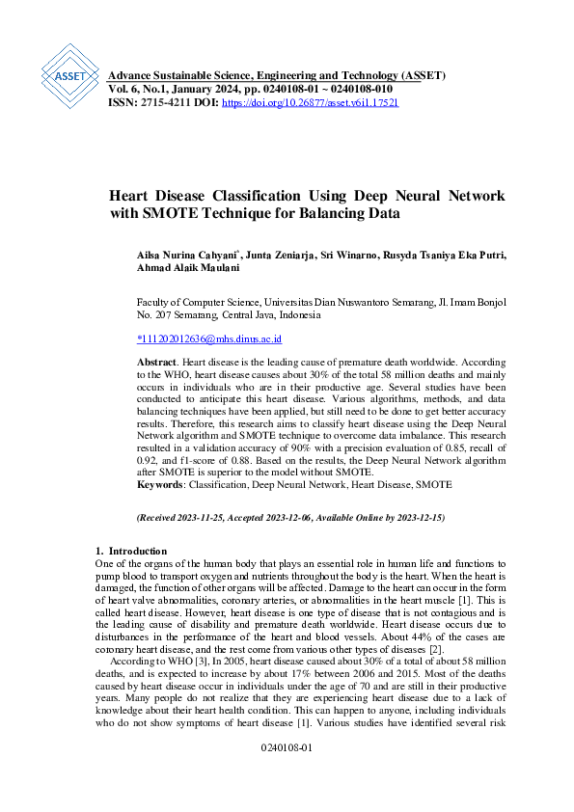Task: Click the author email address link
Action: coord(209,338)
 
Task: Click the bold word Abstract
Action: coord(157,358)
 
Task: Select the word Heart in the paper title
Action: coord(129,196)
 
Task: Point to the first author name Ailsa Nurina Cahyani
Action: coord(181,255)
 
